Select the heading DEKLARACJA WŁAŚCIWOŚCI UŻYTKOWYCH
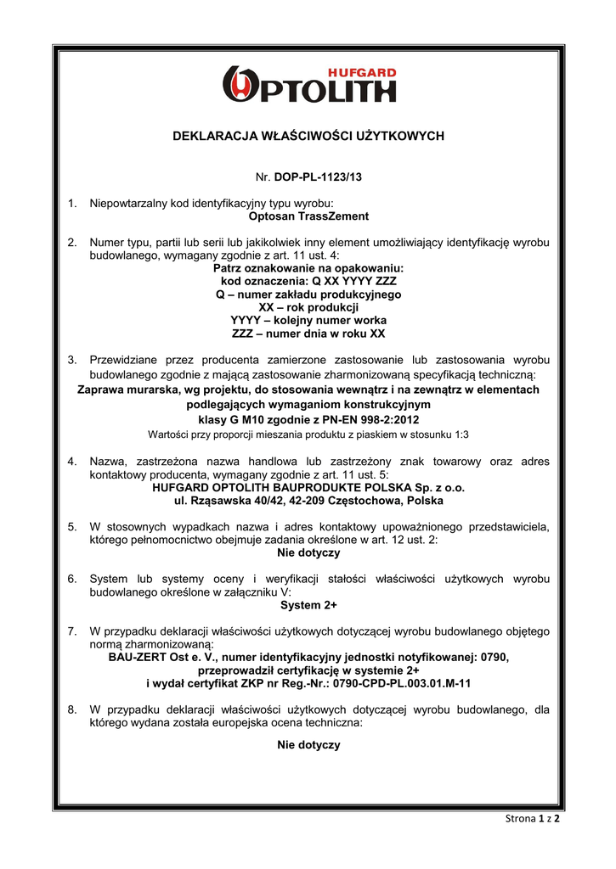click(308, 136)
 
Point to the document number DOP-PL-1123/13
click(323, 177)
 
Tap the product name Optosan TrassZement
click(308, 216)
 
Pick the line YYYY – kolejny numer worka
click(308, 320)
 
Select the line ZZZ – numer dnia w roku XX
click(308, 334)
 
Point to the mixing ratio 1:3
click(460, 434)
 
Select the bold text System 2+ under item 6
click(308, 605)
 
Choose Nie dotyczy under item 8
click(308, 744)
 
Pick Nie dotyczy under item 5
click(308, 552)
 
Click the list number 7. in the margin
click(72, 631)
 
